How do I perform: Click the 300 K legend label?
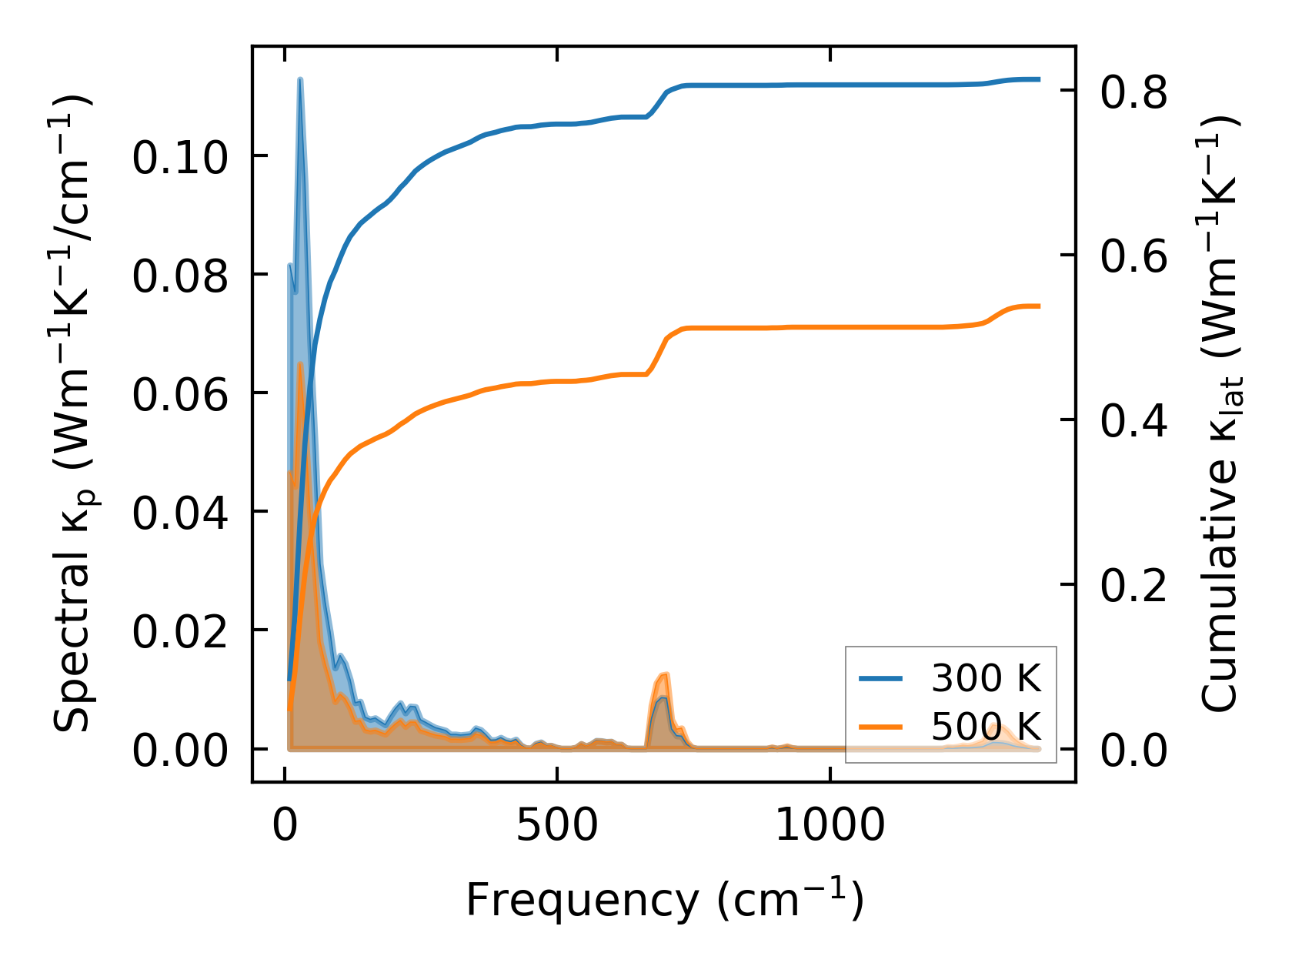click(x=986, y=678)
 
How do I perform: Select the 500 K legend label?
click(x=986, y=726)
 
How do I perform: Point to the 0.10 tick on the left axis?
click(x=180, y=157)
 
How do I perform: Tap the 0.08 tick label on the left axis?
click(x=180, y=276)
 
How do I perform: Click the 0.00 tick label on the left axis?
click(x=180, y=750)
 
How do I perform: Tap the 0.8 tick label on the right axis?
click(x=1133, y=92)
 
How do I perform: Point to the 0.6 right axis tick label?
click(x=1133, y=256)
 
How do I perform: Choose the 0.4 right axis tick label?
click(x=1133, y=421)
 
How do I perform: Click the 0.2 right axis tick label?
click(x=1133, y=586)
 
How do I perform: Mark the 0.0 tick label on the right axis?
click(x=1133, y=750)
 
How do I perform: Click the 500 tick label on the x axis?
click(x=556, y=827)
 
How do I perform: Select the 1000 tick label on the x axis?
click(x=830, y=827)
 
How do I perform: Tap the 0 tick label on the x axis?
click(x=285, y=827)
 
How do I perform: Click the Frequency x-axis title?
click(x=665, y=899)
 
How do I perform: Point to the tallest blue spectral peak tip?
click(x=300, y=79)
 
